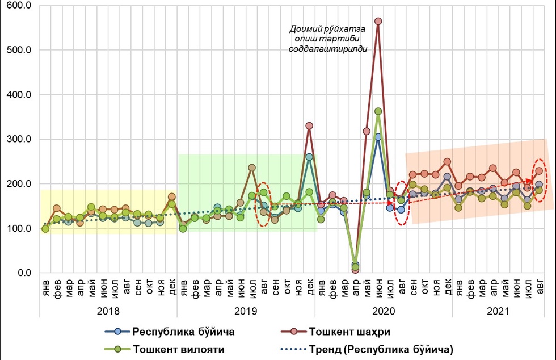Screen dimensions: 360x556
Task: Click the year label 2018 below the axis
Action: pyautogui.click(x=108, y=311)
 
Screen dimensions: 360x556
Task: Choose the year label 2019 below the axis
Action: pyautogui.click(x=246, y=311)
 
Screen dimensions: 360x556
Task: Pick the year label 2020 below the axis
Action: pyautogui.click(x=384, y=311)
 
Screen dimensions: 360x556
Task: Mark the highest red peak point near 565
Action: pyautogui.click(x=378, y=21)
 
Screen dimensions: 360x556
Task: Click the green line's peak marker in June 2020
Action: pyautogui.click(x=378, y=111)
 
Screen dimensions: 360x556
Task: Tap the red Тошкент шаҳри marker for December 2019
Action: pyautogui.click(x=309, y=125)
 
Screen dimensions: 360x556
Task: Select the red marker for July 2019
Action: pyautogui.click(x=252, y=168)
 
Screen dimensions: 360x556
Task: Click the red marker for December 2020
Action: pyautogui.click(x=447, y=162)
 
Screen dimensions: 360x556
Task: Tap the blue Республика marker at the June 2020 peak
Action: pyautogui.click(x=378, y=137)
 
